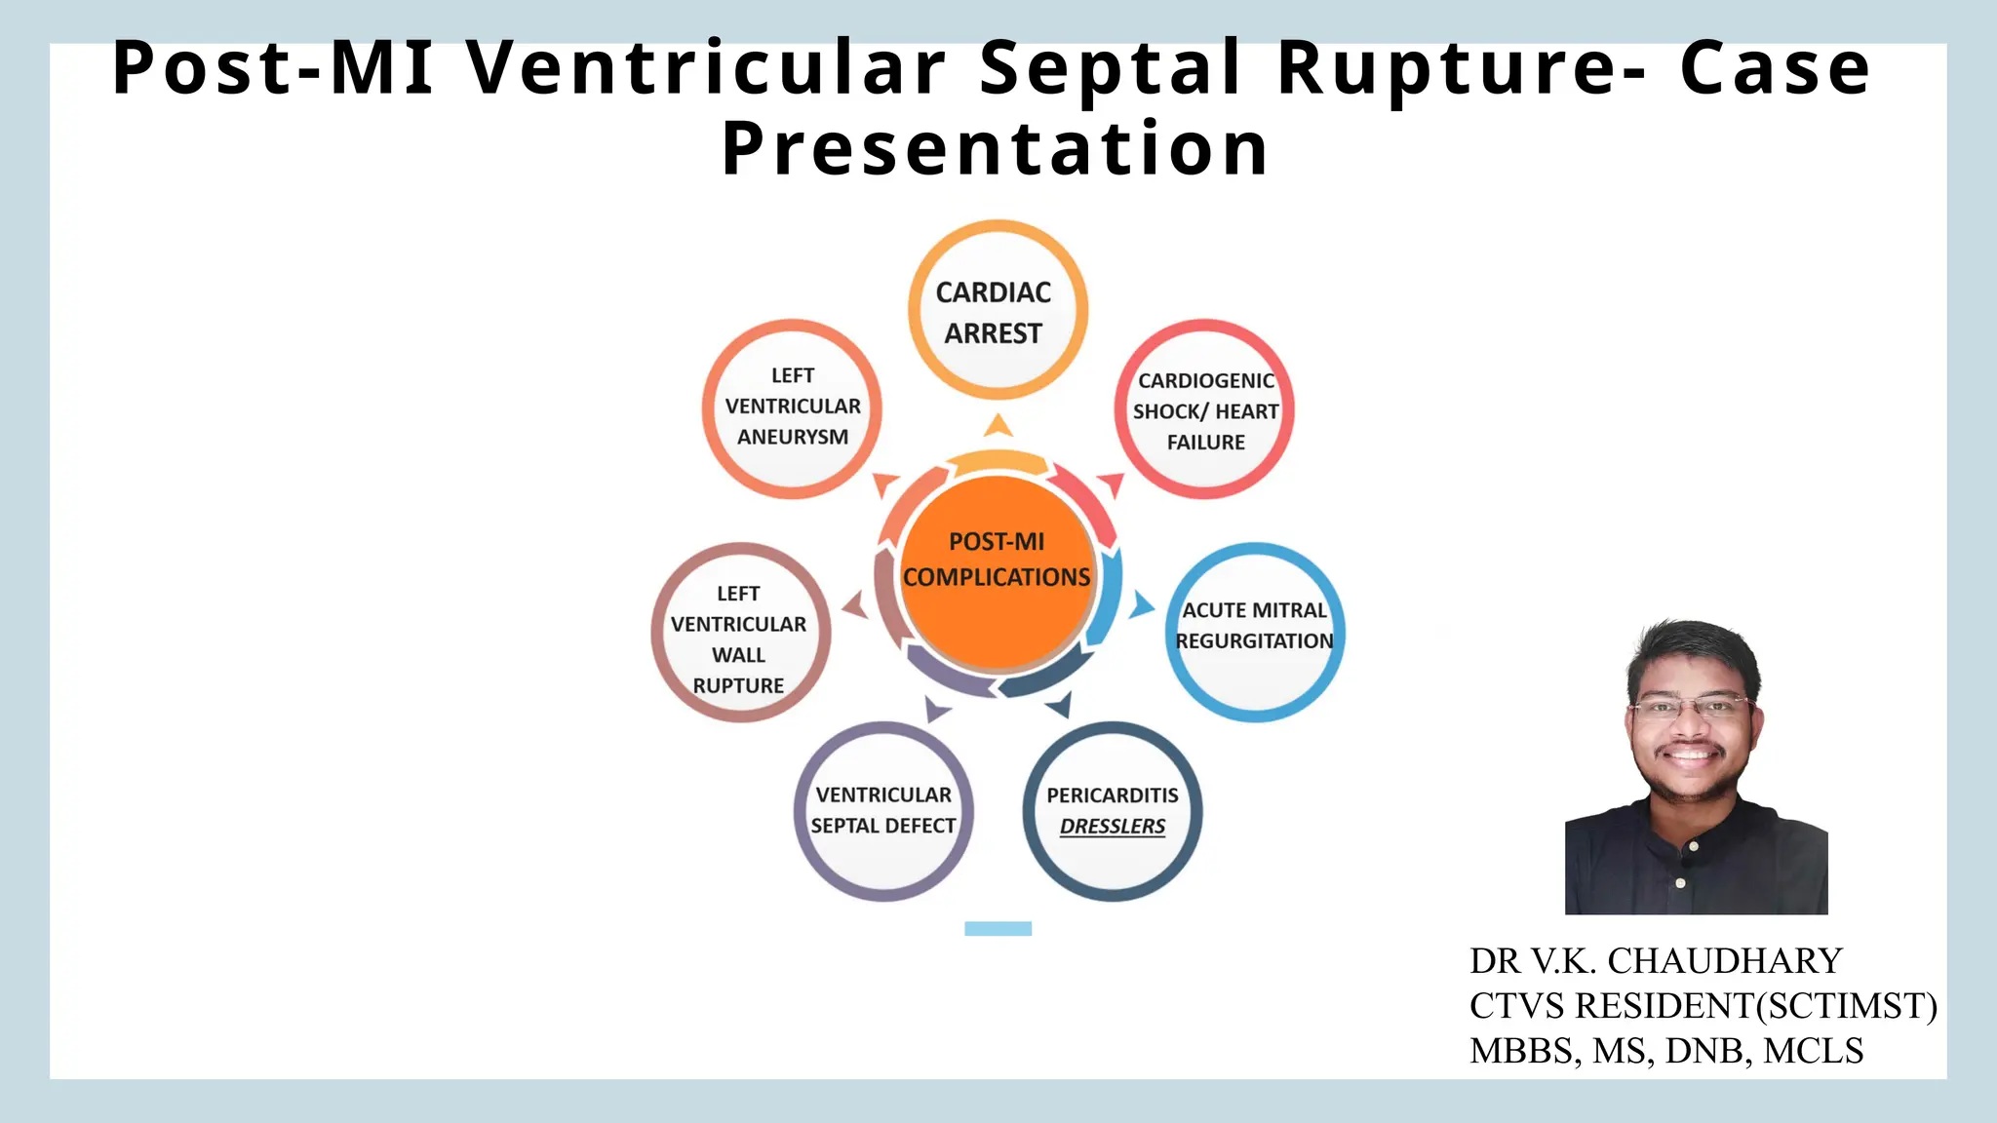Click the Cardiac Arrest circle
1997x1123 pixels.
tap(997, 310)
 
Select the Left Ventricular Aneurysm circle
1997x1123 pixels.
tap(792, 407)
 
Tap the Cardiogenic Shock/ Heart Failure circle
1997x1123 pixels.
tap(1205, 409)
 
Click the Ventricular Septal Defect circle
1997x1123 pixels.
tap(883, 809)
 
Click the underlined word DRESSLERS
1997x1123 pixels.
tap(1113, 827)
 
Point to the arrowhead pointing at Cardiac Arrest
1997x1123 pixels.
tap(998, 425)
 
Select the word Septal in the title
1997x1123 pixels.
tap(1110, 68)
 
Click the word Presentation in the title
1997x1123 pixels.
tap(995, 148)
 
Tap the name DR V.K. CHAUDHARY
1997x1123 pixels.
tap(1656, 961)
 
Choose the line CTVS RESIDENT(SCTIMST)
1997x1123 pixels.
tap(1703, 1006)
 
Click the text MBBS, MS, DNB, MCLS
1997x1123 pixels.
tap(1666, 1051)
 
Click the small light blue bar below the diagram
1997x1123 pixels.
tap(998, 928)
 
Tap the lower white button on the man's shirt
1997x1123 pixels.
tap(1680, 883)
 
